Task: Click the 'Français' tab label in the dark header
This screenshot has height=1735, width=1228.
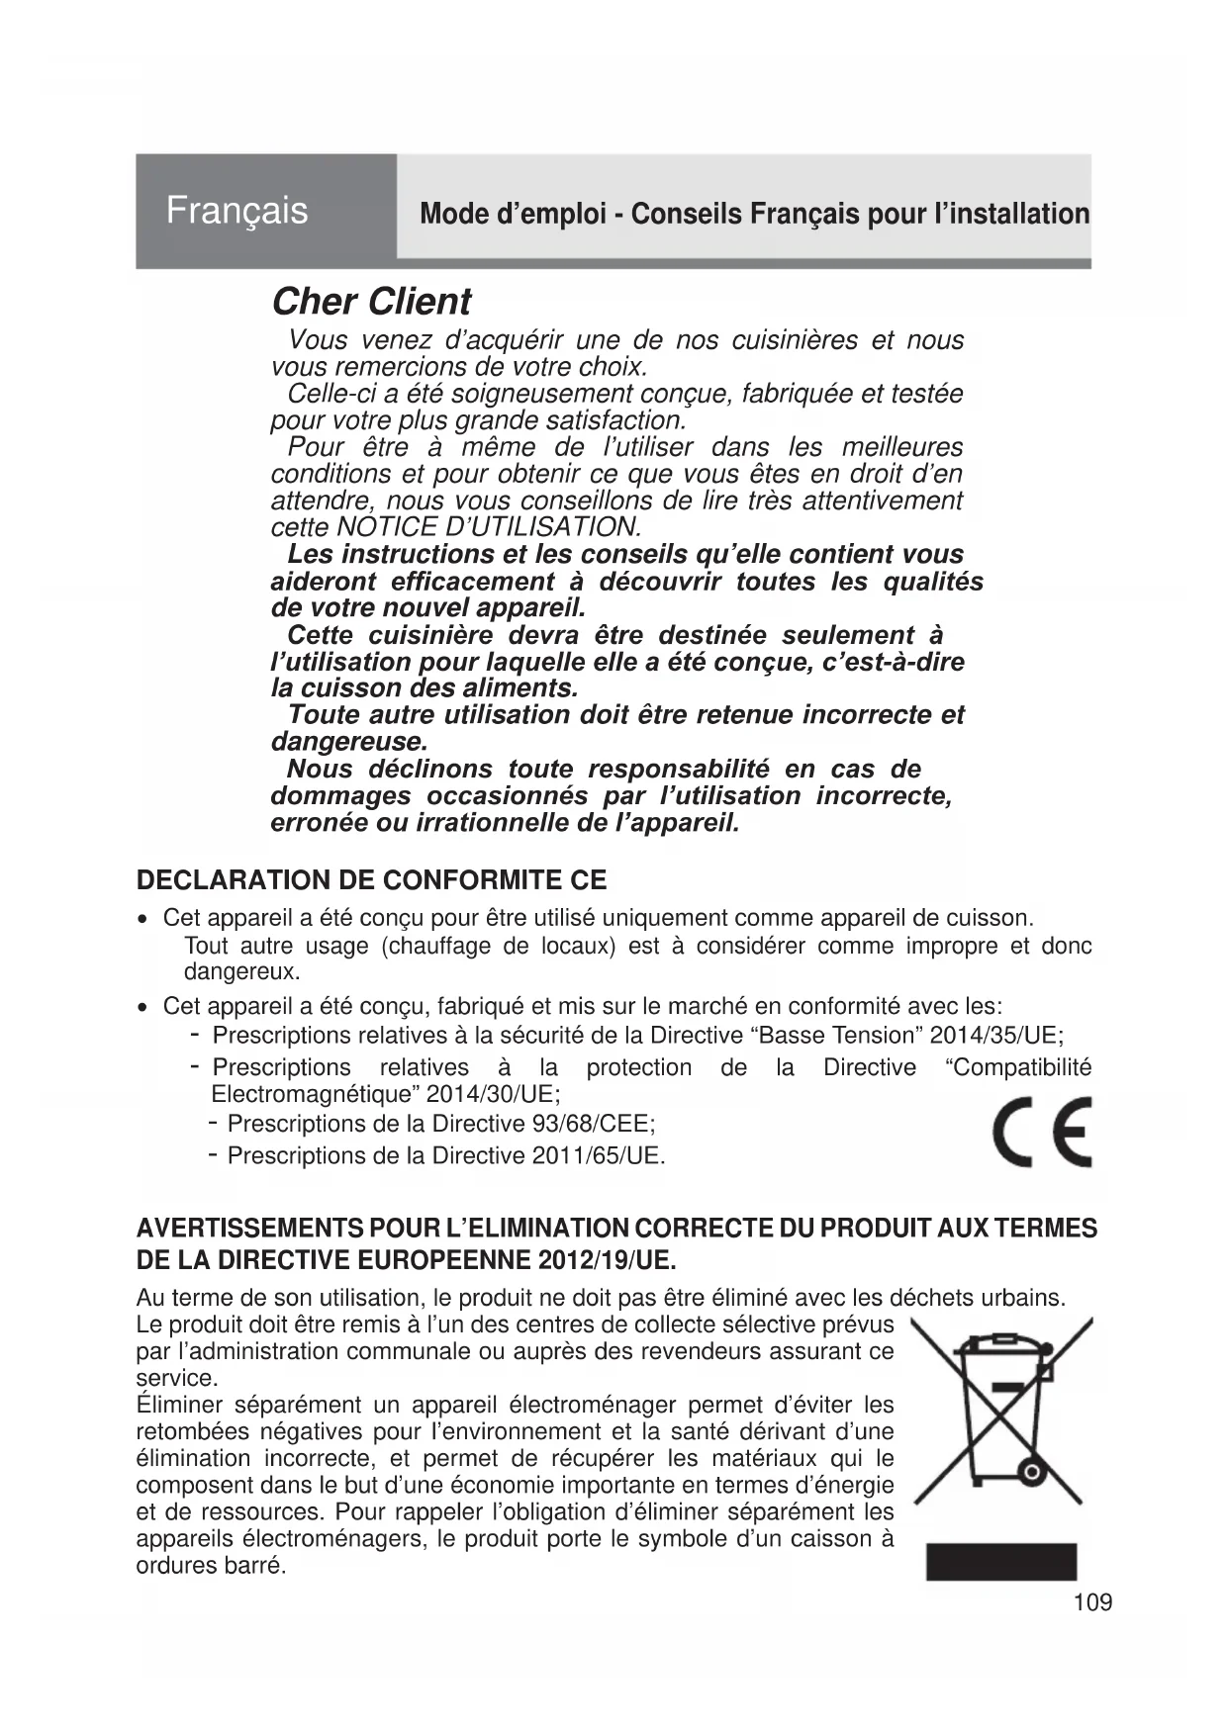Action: tap(236, 211)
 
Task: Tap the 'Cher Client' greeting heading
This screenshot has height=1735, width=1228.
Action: tap(371, 302)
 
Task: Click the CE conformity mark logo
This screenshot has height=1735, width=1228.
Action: tap(1042, 1133)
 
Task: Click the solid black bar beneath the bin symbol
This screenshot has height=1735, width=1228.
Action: tap(1000, 1562)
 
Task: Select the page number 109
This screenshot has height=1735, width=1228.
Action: tap(1092, 1602)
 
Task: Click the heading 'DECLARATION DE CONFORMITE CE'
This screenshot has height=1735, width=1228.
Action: tap(371, 880)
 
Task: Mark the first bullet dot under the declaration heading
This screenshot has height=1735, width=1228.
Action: tap(144, 921)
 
